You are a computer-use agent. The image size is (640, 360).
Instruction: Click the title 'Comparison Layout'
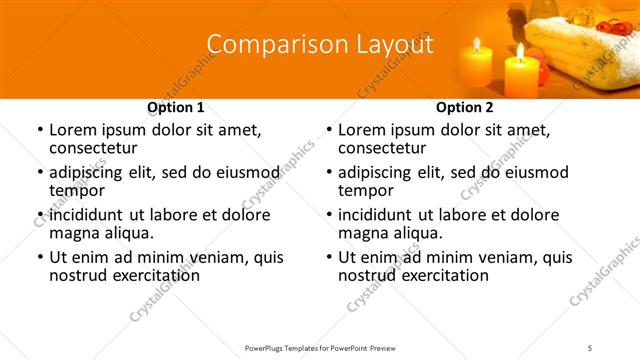tap(320, 45)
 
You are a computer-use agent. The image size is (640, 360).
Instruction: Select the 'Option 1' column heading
tap(176, 107)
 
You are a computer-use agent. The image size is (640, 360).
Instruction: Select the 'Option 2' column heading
tap(465, 107)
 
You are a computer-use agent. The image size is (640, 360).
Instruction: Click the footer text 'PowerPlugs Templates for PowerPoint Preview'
tap(319, 347)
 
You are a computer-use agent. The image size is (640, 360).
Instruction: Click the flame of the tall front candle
tap(520, 52)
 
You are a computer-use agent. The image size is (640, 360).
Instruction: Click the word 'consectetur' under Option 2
tap(383, 148)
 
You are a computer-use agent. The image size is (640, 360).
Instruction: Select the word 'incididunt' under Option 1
tap(91, 215)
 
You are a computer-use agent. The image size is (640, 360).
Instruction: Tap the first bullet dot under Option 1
tap(39, 130)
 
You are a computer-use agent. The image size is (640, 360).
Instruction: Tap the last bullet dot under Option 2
tap(328, 257)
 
